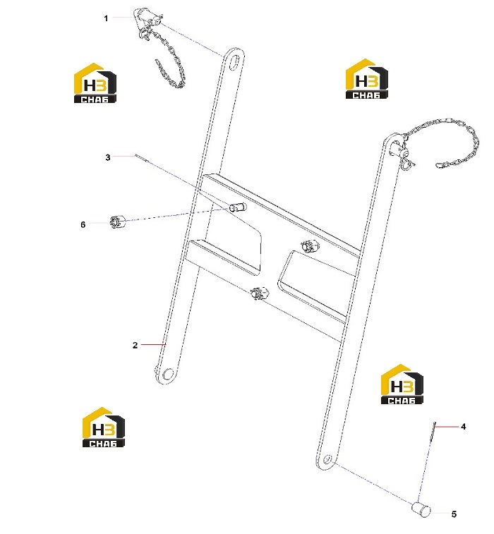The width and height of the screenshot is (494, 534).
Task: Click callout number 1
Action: point(106,18)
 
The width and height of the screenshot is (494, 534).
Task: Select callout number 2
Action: point(135,346)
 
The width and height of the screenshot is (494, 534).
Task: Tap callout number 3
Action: point(108,157)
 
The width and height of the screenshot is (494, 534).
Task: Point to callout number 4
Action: point(464,426)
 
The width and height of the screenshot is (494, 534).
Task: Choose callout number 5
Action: point(454,514)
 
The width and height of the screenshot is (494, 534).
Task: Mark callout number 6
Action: point(83,224)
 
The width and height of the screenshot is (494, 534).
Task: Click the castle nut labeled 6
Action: point(117,222)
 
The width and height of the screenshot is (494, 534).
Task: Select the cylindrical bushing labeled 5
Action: point(421,509)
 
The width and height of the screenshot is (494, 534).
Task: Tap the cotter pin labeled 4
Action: point(433,431)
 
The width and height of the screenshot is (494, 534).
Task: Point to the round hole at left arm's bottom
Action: point(168,374)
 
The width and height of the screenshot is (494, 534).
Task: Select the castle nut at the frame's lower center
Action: point(259,293)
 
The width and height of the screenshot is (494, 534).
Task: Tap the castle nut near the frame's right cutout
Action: point(310,245)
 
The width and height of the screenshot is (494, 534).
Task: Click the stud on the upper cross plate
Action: point(238,207)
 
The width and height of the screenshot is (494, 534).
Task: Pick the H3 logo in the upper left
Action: point(95,83)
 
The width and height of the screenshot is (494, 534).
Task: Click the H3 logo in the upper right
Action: point(367,79)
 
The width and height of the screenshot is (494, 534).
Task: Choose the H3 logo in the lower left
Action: point(104,427)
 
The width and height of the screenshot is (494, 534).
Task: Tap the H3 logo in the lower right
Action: point(402,384)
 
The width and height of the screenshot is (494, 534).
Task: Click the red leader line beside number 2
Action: point(153,345)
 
